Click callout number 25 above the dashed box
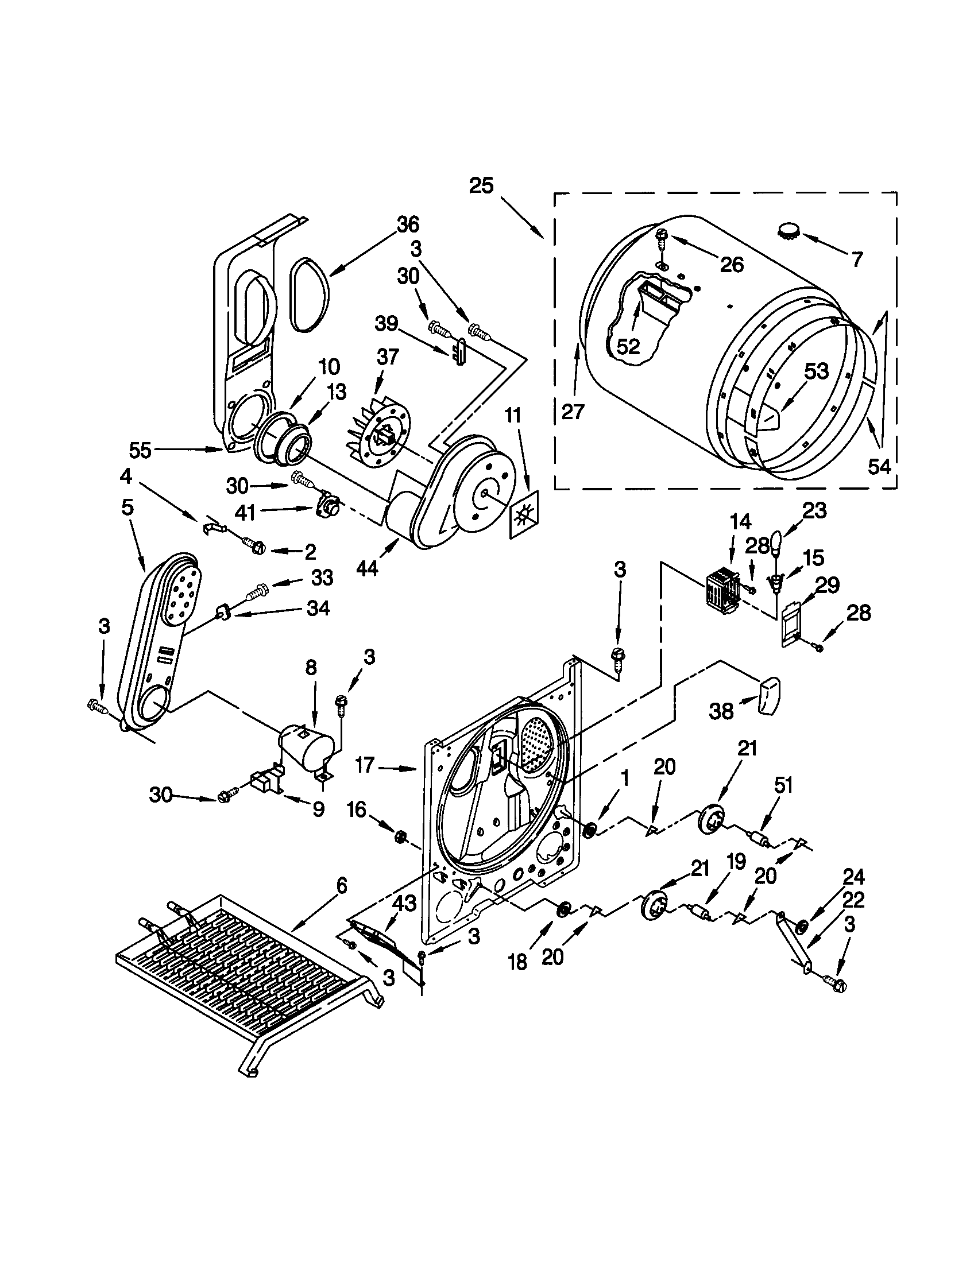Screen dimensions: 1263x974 481,185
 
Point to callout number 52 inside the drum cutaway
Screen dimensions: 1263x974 628,346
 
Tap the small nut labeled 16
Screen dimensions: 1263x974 399,835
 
